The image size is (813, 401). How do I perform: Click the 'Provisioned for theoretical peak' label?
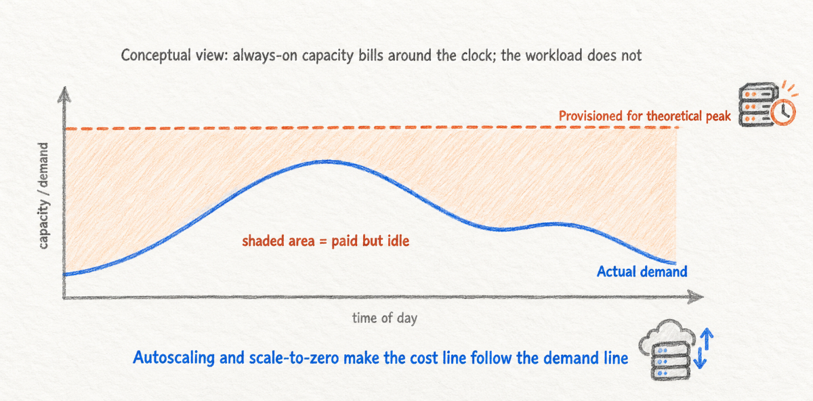[x=644, y=116]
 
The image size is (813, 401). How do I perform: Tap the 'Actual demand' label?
[x=642, y=272]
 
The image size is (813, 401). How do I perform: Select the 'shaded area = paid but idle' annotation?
[x=326, y=241]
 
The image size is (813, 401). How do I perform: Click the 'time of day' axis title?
[x=385, y=318]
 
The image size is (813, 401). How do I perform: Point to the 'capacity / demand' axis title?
[x=43, y=196]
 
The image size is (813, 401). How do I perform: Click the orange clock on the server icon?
[x=783, y=112]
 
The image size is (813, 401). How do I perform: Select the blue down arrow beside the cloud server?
[x=699, y=358]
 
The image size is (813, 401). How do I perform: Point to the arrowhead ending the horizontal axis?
[x=695, y=297]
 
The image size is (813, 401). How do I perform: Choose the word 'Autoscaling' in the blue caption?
[x=173, y=358]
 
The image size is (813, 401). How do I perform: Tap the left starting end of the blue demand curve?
[x=64, y=274]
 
